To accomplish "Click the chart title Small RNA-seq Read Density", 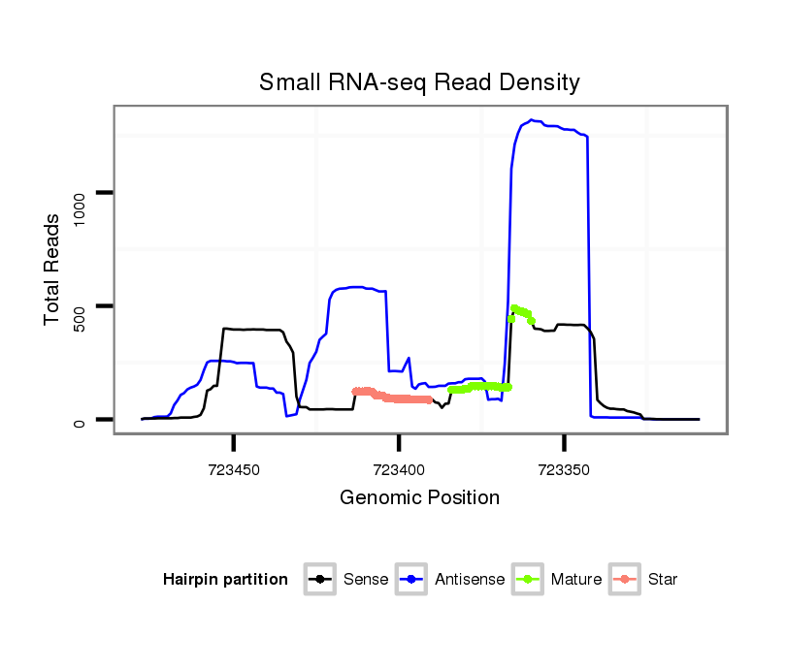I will click(419, 81).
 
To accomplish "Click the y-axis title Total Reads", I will click(53, 269).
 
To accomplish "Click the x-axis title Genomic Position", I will click(419, 498).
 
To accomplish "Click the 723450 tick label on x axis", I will click(234, 469).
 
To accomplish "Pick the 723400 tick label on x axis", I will click(399, 469).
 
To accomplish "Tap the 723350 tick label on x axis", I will click(564, 469).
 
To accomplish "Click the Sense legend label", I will click(366, 580).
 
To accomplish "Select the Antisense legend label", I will click(470, 580).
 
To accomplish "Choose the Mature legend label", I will click(576, 580).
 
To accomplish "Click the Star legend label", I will click(663, 580).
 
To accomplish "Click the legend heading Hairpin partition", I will click(225, 580).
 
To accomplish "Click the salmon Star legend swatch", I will click(626, 580).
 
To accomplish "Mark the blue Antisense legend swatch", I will click(413, 580).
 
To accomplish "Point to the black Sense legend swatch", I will click(321, 580).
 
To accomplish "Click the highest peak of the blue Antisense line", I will click(532, 120).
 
